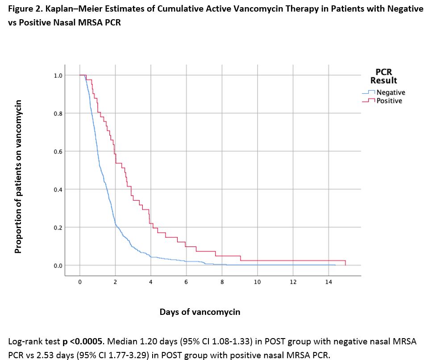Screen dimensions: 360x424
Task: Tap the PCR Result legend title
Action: pos(383,76)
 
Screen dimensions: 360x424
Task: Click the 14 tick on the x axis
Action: pos(328,282)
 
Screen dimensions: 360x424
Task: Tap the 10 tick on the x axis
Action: pos(257,282)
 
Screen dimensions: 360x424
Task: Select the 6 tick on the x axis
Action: pos(186,282)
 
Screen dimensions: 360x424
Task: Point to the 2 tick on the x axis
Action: pos(115,282)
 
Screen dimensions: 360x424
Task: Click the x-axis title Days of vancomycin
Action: pos(200,312)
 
